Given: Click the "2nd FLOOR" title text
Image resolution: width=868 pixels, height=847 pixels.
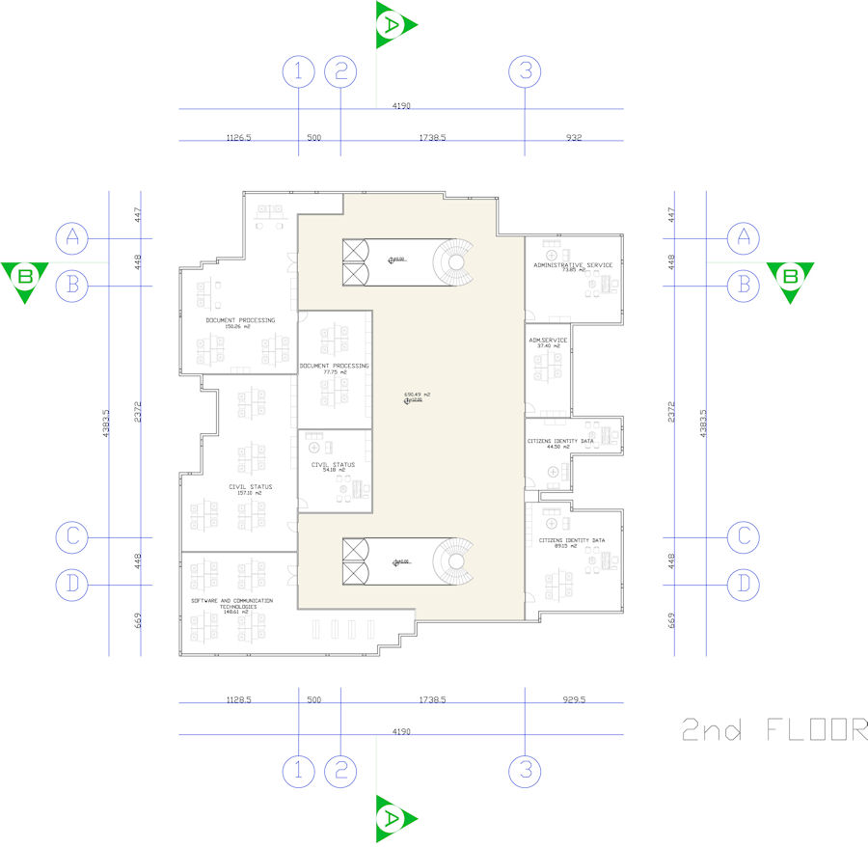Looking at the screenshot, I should click(x=773, y=729).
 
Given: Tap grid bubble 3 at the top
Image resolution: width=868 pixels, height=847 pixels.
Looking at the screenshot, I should click(x=525, y=70).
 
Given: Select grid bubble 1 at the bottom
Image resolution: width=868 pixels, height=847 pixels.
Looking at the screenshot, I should click(x=299, y=770).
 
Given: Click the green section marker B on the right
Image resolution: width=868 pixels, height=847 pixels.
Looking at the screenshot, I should click(x=791, y=280).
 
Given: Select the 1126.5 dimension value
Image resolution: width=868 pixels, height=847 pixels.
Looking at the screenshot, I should click(x=238, y=139).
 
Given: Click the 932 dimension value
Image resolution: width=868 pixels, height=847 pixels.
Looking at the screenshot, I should click(x=574, y=139).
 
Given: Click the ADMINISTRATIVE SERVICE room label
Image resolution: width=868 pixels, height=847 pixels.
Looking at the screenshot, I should click(x=573, y=264).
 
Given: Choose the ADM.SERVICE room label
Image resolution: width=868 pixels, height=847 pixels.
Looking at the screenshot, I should click(x=548, y=340).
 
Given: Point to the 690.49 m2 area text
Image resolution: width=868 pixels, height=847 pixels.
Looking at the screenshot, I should click(x=417, y=395).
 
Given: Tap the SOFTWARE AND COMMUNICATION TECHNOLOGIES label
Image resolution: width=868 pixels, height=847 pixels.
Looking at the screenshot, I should click(x=231, y=603).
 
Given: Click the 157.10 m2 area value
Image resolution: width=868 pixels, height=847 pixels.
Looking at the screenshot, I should click(x=250, y=493).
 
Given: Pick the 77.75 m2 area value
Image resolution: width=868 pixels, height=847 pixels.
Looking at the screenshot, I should click(x=335, y=372).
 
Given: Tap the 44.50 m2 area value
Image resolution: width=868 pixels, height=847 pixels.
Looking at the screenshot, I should click(x=558, y=448).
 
